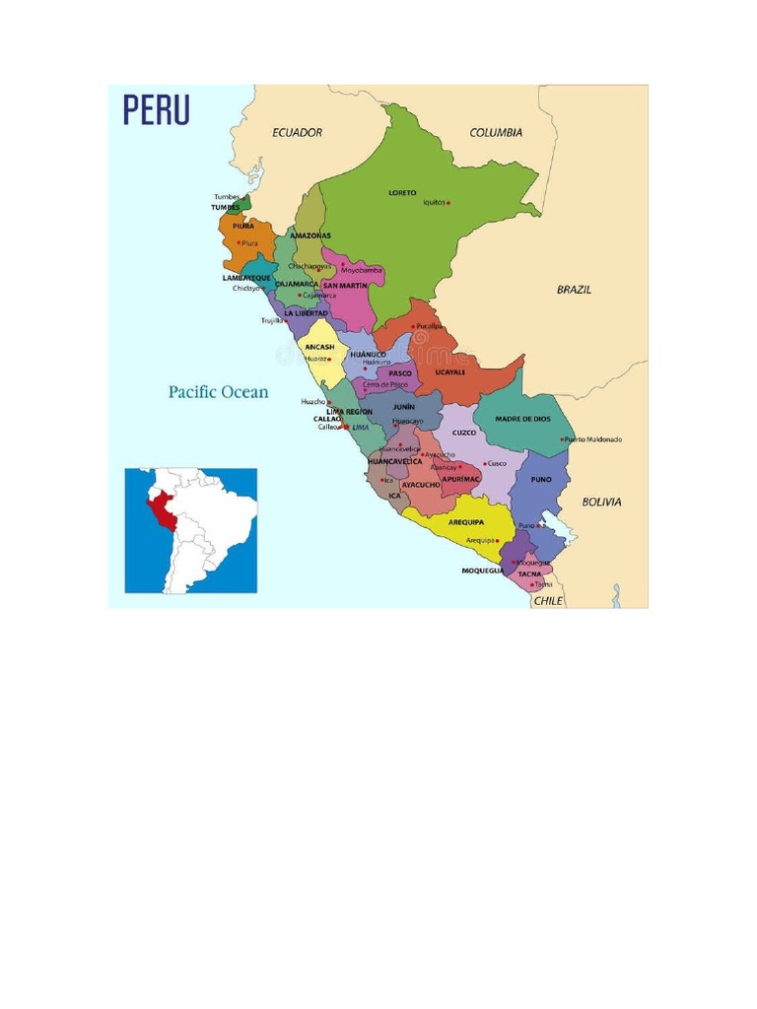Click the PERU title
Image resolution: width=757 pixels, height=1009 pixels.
coord(156,109)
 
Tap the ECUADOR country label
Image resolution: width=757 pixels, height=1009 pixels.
coord(298,132)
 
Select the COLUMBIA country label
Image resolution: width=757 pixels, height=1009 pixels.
coord(496,132)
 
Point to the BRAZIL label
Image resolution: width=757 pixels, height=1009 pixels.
coord(574,290)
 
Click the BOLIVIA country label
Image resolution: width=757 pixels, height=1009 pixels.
coord(601,502)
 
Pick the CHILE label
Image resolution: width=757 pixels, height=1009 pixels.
coord(548,600)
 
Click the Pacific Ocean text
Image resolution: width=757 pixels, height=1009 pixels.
coord(218,392)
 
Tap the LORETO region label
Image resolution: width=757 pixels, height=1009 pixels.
coord(402,192)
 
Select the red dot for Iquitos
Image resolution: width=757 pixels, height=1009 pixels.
coord(448,203)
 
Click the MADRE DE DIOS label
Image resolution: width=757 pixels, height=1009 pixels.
coord(522,419)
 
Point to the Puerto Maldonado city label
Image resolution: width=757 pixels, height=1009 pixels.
coord(593,439)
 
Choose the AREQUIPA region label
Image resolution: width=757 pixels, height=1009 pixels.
coord(466,522)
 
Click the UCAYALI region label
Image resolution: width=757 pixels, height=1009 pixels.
coord(449,372)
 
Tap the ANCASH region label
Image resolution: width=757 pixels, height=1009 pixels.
coord(319,347)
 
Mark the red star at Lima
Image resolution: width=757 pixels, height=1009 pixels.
coord(345,427)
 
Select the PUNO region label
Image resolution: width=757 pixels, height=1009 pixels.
coord(541,480)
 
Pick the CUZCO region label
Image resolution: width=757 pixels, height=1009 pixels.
coord(464,433)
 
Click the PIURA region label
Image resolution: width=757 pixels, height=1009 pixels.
coord(243,226)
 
